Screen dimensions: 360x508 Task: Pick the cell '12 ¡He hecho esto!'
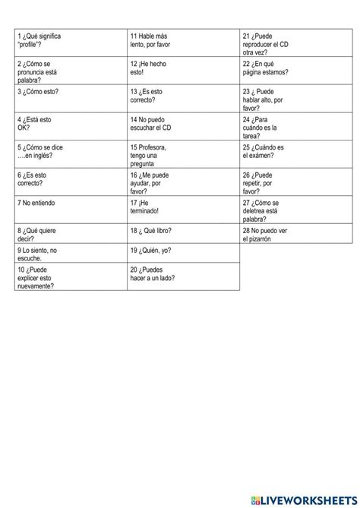click(183, 71)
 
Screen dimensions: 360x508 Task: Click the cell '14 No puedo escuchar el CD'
click(183, 127)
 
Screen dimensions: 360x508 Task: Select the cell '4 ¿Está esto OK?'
click(70, 127)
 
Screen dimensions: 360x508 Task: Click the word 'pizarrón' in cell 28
click(257, 239)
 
